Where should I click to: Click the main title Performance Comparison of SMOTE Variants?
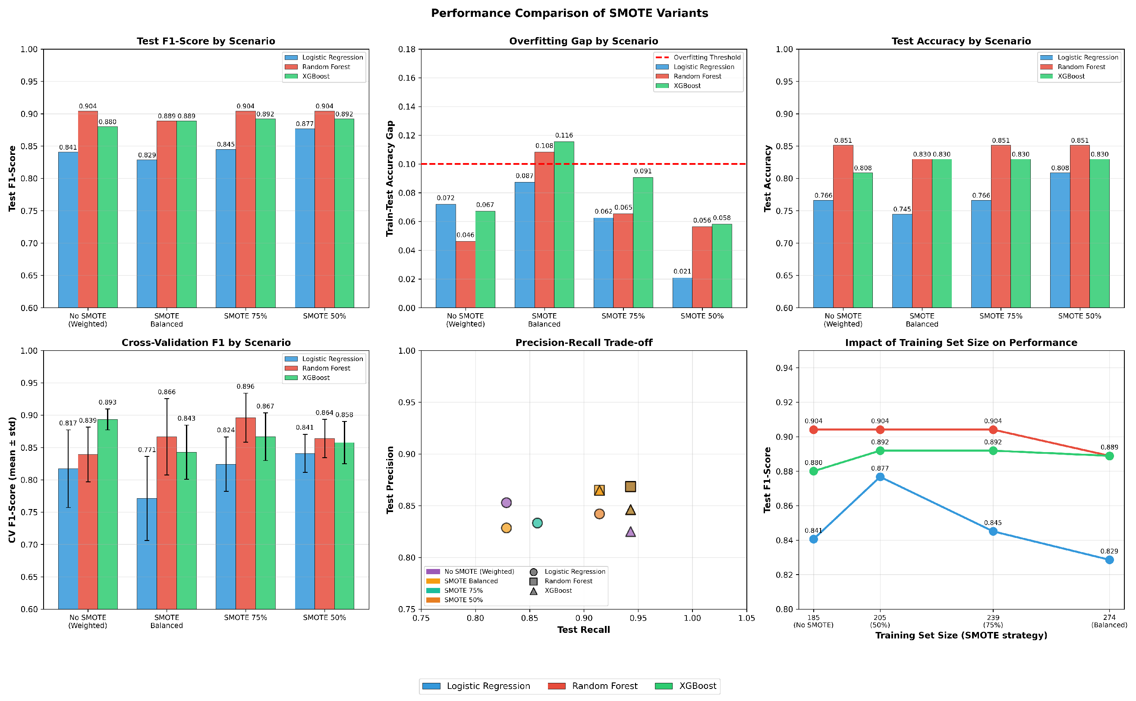coord(570,13)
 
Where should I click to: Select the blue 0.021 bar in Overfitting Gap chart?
coord(682,292)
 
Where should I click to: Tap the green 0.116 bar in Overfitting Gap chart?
coord(564,224)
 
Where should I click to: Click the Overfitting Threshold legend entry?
coord(698,57)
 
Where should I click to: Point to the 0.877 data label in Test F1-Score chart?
coord(305,124)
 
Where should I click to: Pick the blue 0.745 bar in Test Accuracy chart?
coord(902,261)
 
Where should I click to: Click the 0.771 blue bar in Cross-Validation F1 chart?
coord(147,553)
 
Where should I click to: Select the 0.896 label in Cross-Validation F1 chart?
coord(245,386)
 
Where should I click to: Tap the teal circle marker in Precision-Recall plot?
coord(537,523)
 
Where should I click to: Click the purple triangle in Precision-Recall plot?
coord(630,532)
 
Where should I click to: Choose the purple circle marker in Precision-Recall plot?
coord(507,503)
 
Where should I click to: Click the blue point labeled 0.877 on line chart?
coord(880,477)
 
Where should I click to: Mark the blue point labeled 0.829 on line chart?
coord(1109,560)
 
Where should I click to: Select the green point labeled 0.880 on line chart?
coord(813,471)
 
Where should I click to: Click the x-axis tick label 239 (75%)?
coord(993,621)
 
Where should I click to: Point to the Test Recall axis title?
coord(583,629)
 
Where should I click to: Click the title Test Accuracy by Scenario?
coord(961,41)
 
